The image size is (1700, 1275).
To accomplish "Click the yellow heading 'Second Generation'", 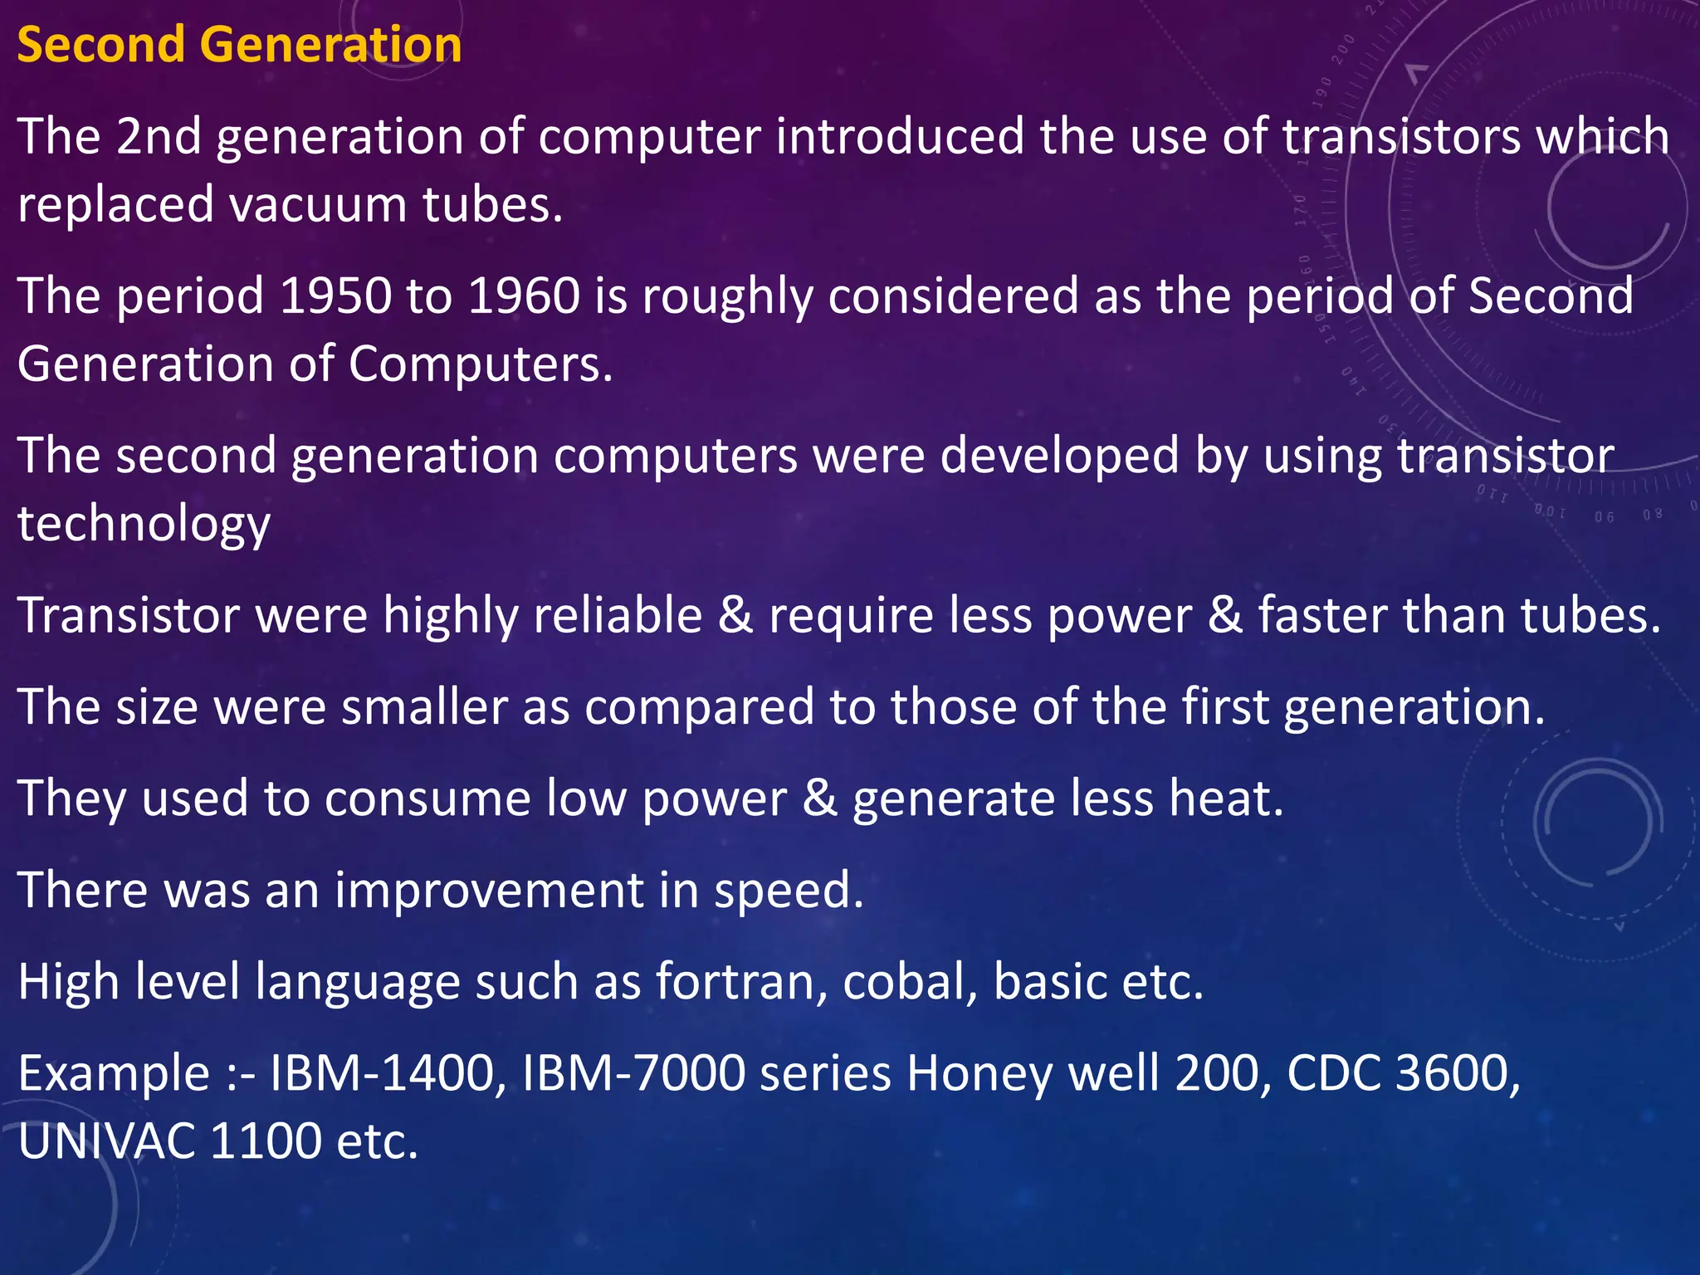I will (239, 45).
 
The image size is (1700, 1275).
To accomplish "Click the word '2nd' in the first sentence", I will (159, 136).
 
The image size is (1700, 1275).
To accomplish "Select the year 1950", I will (335, 296).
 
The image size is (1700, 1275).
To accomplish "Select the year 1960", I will (524, 296).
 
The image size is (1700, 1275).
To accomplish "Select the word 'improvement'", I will (489, 890).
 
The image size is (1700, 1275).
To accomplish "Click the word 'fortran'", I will (742, 981).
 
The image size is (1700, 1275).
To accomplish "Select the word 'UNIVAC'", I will (106, 1141).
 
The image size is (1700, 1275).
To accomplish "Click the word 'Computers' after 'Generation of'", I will (479, 365).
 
